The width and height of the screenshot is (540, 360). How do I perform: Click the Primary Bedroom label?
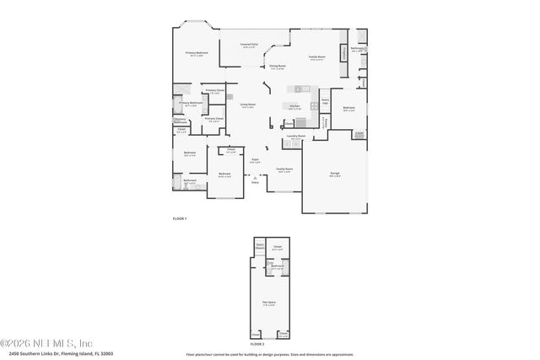point(196,53)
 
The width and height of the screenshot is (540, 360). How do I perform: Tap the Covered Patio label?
point(249,45)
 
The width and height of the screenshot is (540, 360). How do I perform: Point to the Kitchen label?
point(294,106)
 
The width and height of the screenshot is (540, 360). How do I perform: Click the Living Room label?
point(247,105)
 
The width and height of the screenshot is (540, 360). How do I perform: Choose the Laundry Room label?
point(295,135)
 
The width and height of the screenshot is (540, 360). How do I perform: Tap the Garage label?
point(335,174)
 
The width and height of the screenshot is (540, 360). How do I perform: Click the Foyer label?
point(255,159)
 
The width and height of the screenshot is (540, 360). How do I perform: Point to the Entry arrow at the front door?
point(255,179)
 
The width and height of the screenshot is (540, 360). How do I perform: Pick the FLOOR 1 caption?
point(179,218)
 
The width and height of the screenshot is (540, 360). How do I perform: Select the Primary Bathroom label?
point(190,105)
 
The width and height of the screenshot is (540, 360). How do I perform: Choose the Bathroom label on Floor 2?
point(278,267)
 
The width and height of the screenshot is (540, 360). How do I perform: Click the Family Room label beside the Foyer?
point(284,170)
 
